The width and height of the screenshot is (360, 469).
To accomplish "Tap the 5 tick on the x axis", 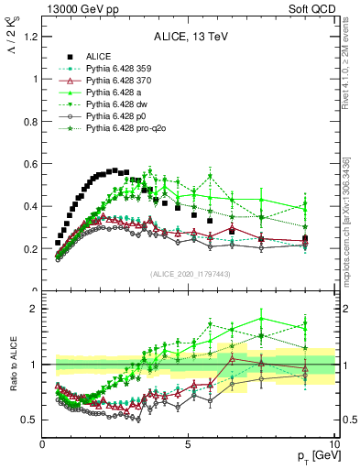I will (188, 444).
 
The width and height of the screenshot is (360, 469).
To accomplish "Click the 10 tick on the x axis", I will (333, 444).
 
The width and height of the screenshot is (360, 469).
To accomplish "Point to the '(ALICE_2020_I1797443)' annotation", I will (188, 274).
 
